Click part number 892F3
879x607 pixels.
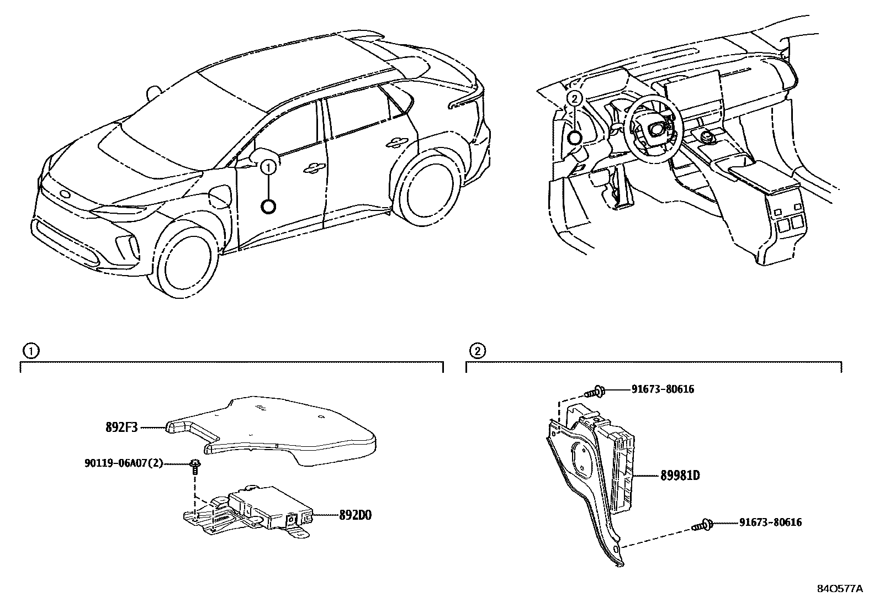click(x=121, y=427)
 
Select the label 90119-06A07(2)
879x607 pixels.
click(x=124, y=463)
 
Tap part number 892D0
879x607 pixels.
click(x=356, y=515)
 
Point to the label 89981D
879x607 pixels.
click(x=680, y=475)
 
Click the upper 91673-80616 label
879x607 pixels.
click(x=663, y=389)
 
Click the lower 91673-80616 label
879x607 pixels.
click(x=770, y=522)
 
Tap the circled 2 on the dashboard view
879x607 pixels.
click(x=574, y=99)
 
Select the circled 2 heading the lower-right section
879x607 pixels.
click(x=477, y=350)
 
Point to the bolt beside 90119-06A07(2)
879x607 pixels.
click(x=195, y=466)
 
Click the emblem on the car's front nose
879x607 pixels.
click(x=65, y=194)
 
